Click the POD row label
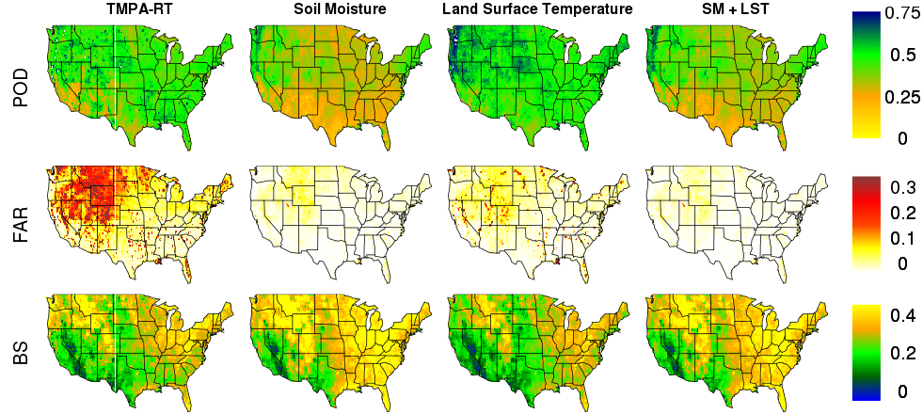[22, 86]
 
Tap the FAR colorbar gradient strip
[867, 223]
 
